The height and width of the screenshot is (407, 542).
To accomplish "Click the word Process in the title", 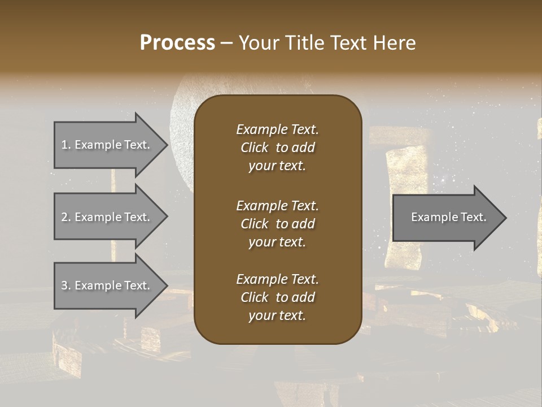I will point(177,43).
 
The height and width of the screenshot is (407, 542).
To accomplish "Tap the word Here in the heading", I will point(394,43).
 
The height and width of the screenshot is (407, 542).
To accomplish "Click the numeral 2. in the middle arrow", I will point(65,217).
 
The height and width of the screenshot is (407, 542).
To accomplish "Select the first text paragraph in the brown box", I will point(277,148).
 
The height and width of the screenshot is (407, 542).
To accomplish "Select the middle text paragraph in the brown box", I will point(277,224).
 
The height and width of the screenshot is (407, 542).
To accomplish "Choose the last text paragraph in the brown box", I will point(277,297).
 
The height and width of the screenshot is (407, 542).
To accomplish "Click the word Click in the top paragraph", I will point(254,148).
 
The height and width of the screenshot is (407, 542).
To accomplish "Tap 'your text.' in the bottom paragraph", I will point(277,315).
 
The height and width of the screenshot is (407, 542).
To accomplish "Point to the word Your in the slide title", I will point(257,43).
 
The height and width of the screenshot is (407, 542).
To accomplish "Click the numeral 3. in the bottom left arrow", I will point(65,285).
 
